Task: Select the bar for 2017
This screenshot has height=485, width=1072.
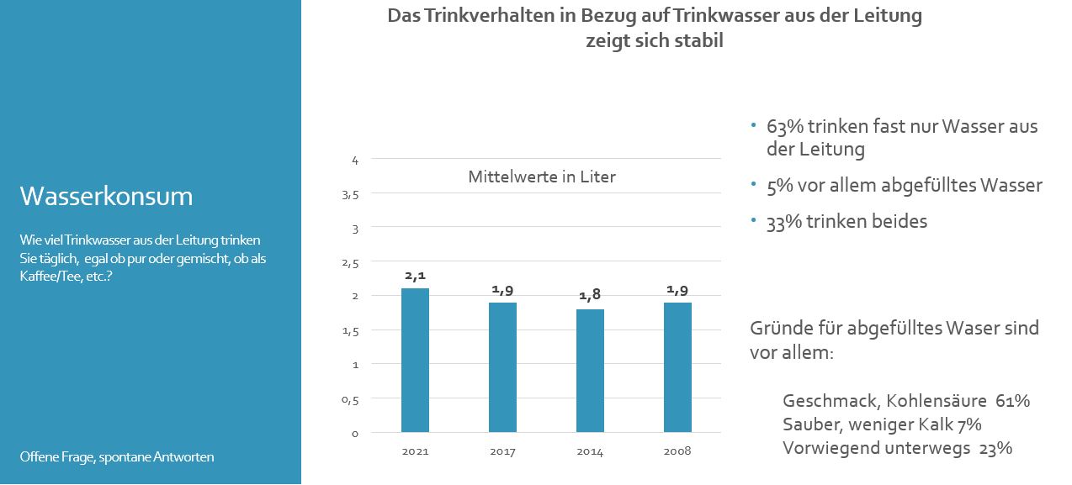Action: pos(502,367)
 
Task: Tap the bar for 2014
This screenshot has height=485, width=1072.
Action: pos(590,371)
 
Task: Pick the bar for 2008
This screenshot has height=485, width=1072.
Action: pos(677,367)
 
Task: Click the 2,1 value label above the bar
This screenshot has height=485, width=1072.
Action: pos(415,275)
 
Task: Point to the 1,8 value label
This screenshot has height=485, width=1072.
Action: pos(590,295)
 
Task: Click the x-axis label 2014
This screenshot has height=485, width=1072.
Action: pos(590,451)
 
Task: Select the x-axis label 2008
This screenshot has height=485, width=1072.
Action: pos(677,451)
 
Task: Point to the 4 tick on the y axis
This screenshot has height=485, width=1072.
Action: pos(355,160)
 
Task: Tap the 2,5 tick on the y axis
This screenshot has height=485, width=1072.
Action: pos(350,263)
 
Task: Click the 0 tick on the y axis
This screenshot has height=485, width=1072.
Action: pos(355,434)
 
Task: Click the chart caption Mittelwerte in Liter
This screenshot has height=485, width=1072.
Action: pos(542,177)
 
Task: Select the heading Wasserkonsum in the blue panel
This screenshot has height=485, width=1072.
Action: pos(106,197)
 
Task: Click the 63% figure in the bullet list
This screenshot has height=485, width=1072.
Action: pos(783,127)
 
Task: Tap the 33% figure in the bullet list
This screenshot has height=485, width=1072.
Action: pos(783,222)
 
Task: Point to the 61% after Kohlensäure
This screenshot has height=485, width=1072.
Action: pos(1012,401)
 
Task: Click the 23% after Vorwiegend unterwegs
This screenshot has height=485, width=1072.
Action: pos(995,448)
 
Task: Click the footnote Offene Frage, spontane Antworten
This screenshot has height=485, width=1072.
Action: pos(117,457)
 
